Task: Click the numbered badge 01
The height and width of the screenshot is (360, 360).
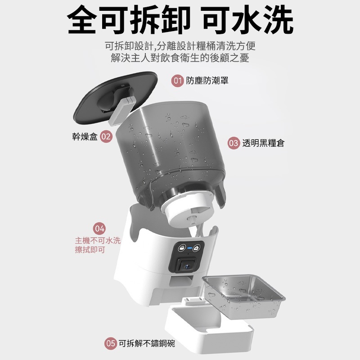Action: pyautogui.click(x=177, y=81)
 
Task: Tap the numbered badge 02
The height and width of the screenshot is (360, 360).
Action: pyautogui.click(x=106, y=136)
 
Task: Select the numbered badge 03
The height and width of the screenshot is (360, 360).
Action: pyautogui.click(x=234, y=143)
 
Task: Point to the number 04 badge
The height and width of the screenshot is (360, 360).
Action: pyautogui.click(x=99, y=229)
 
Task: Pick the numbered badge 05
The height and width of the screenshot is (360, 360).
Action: pyautogui.click(x=110, y=343)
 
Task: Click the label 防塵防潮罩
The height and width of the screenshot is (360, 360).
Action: pyautogui.click(x=207, y=81)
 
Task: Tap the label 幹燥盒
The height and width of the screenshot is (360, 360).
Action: pyautogui.click(x=85, y=136)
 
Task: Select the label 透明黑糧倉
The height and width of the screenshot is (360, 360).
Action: pyautogui.click(x=264, y=143)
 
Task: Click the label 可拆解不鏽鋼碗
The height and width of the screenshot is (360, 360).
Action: pyautogui.click(x=147, y=343)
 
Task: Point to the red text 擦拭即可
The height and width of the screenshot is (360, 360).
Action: pyautogui.click(x=90, y=250)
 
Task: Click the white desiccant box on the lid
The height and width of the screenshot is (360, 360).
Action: pyautogui.click(x=121, y=111)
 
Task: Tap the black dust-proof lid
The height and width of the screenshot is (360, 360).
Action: pyautogui.click(x=115, y=98)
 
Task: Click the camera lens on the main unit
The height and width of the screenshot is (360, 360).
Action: pyautogui.click(x=187, y=266)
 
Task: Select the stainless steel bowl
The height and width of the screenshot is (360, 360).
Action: pyautogui.click(x=243, y=296)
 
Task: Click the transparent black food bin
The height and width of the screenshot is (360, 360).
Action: pyautogui.click(x=170, y=152)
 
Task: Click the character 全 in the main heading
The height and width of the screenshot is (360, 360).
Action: pyautogui.click(x=81, y=19)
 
